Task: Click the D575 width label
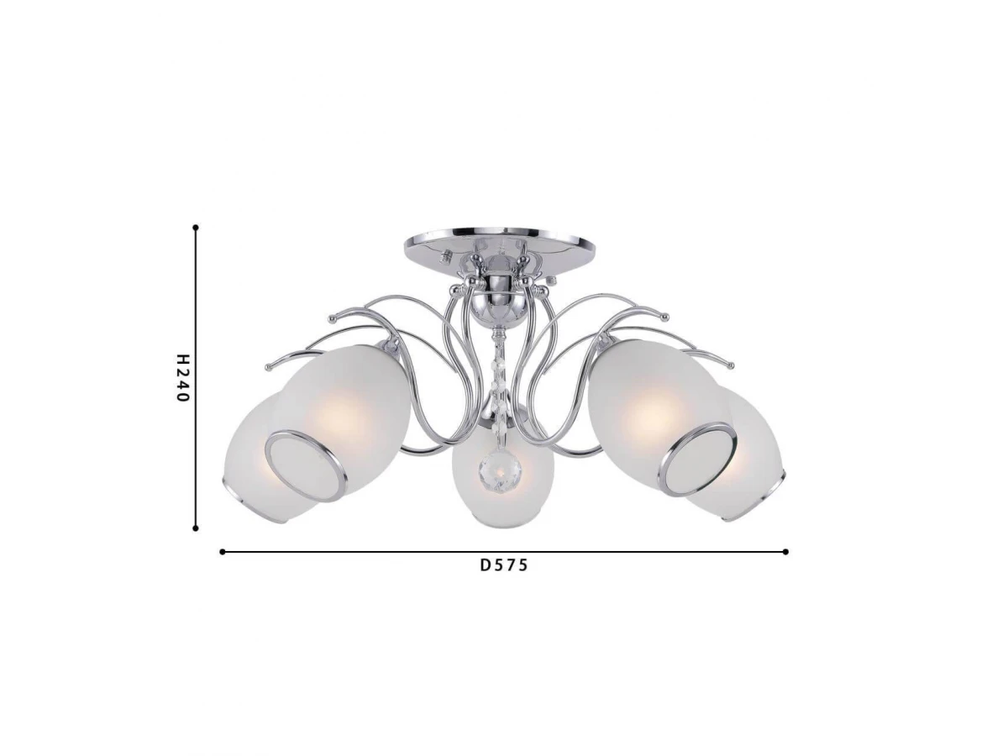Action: pos(504,565)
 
